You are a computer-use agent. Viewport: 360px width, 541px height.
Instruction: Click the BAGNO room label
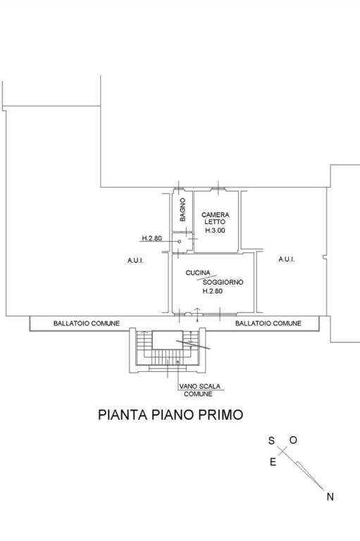[x=182, y=209]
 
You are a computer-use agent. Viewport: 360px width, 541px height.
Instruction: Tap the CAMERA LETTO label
[x=216, y=218]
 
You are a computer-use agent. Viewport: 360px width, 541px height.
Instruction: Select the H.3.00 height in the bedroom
[x=215, y=230]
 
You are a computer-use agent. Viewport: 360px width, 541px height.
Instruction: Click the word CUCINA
[x=198, y=273]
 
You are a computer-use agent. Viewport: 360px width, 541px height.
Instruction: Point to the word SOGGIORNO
[x=223, y=282]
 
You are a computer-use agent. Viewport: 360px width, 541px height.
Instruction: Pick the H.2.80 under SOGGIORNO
[x=212, y=291]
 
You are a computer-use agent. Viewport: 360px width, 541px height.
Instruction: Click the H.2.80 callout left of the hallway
[x=152, y=238]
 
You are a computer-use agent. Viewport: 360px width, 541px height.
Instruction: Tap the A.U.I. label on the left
[x=135, y=260]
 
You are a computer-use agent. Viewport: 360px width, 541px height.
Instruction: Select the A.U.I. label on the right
[x=287, y=259]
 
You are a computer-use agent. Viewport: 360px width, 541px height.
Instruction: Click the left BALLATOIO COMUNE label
[x=86, y=323]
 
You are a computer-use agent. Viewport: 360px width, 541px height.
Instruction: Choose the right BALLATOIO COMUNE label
[x=268, y=323]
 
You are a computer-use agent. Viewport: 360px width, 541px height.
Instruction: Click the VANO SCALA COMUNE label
[x=199, y=390]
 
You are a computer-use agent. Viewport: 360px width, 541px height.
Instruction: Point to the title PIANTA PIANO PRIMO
[x=170, y=414]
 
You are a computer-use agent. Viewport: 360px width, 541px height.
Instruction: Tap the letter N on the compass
[x=330, y=497]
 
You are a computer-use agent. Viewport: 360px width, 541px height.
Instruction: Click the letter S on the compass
[x=272, y=440]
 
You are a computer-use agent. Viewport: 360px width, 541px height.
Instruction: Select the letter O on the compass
[x=293, y=440]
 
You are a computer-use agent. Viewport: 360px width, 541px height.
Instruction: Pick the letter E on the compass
[x=273, y=462]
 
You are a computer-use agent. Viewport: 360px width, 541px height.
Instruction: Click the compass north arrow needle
[x=304, y=471]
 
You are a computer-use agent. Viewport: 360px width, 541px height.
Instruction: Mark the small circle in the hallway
[x=179, y=242]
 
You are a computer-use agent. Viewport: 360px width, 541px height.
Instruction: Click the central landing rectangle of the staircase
[x=168, y=340]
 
